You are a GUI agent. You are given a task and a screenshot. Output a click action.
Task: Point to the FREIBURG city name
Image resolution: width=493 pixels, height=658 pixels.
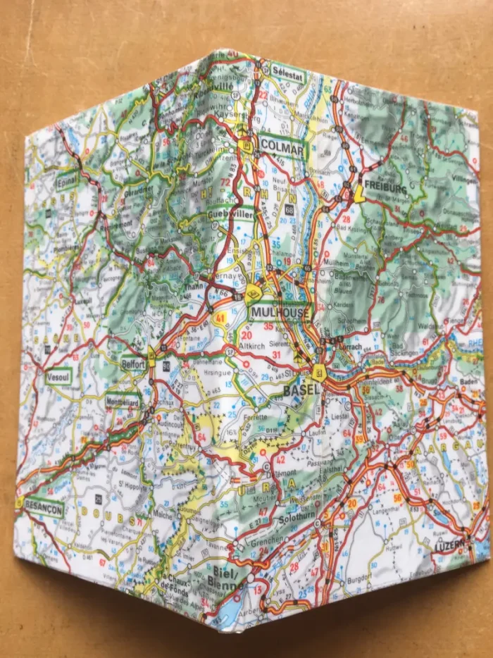click(x=386, y=189)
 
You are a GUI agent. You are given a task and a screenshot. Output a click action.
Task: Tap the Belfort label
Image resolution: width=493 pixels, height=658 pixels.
click(x=132, y=364)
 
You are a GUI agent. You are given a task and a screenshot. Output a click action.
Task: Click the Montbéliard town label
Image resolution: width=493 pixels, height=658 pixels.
click(x=123, y=398)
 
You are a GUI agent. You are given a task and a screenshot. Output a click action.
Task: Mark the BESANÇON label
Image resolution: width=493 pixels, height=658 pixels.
click(x=43, y=507)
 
